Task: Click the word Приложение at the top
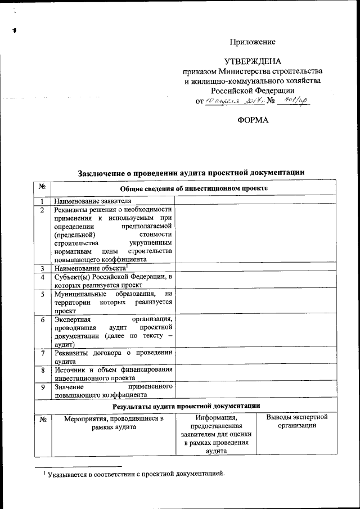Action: tap(253, 42)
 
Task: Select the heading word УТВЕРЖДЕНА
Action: tap(252, 61)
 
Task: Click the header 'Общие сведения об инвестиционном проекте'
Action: tap(193, 188)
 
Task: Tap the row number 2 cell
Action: tap(43, 209)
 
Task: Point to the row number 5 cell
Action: tap(43, 294)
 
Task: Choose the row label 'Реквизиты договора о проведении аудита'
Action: tap(112, 357)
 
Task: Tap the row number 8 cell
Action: tap(43, 370)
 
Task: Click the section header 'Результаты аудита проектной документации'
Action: tap(186, 406)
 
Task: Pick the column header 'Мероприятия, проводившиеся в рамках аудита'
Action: tap(113, 423)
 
